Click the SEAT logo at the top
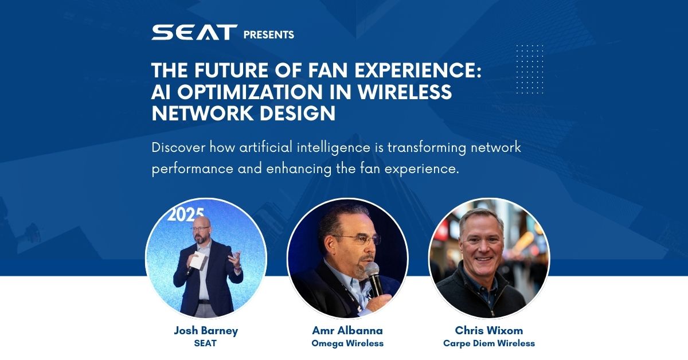click(x=194, y=32)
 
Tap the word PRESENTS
click(x=269, y=35)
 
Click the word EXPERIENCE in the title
click(x=418, y=70)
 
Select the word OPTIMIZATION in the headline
click(x=250, y=92)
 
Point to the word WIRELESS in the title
click(x=405, y=92)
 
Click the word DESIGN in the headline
click(x=298, y=113)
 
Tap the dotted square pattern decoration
click(x=530, y=69)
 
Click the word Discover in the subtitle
click(x=178, y=147)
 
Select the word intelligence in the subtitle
click(x=334, y=148)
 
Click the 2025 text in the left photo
click(x=186, y=215)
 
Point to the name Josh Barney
click(x=206, y=331)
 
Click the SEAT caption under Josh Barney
click(x=205, y=343)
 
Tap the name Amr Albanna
click(x=347, y=331)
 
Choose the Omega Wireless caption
click(x=347, y=343)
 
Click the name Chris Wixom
click(x=489, y=331)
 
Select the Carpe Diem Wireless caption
click(x=489, y=343)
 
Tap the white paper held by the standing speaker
click(x=198, y=261)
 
